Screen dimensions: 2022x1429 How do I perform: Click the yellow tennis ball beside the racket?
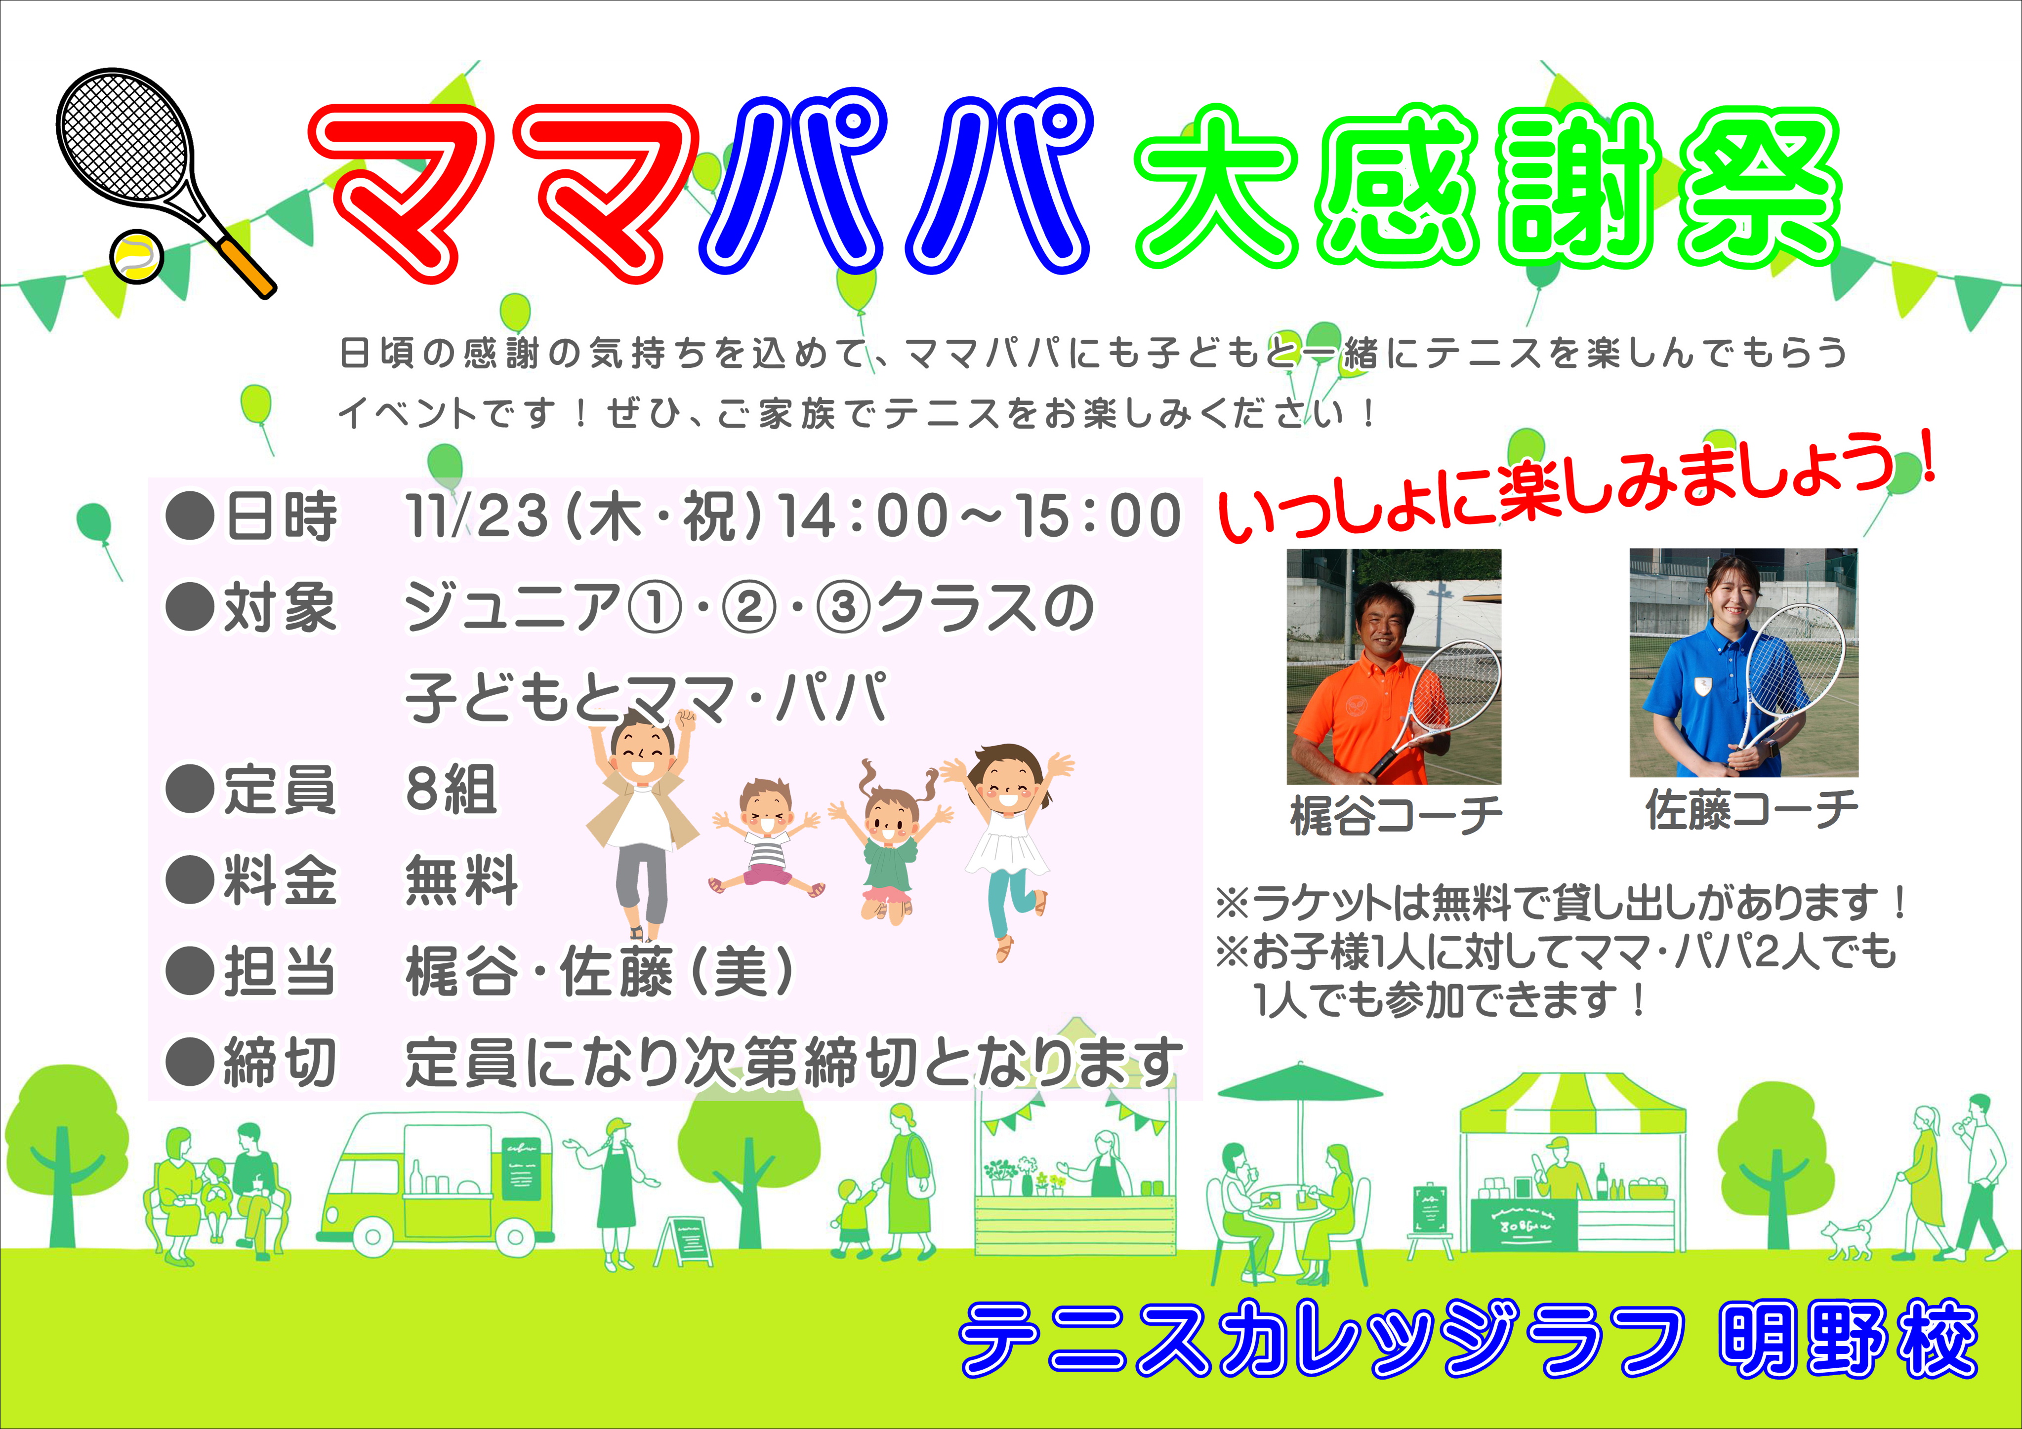click(136, 256)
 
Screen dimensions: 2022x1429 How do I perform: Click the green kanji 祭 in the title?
click(1760, 189)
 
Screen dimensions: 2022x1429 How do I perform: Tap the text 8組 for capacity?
click(451, 789)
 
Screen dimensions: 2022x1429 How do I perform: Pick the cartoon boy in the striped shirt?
click(766, 836)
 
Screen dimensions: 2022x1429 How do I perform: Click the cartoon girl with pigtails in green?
click(889, 841)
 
